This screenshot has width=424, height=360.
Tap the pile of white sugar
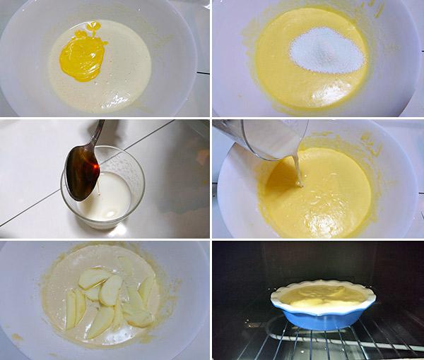(327, 49)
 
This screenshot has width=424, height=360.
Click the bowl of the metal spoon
(81, 172)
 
